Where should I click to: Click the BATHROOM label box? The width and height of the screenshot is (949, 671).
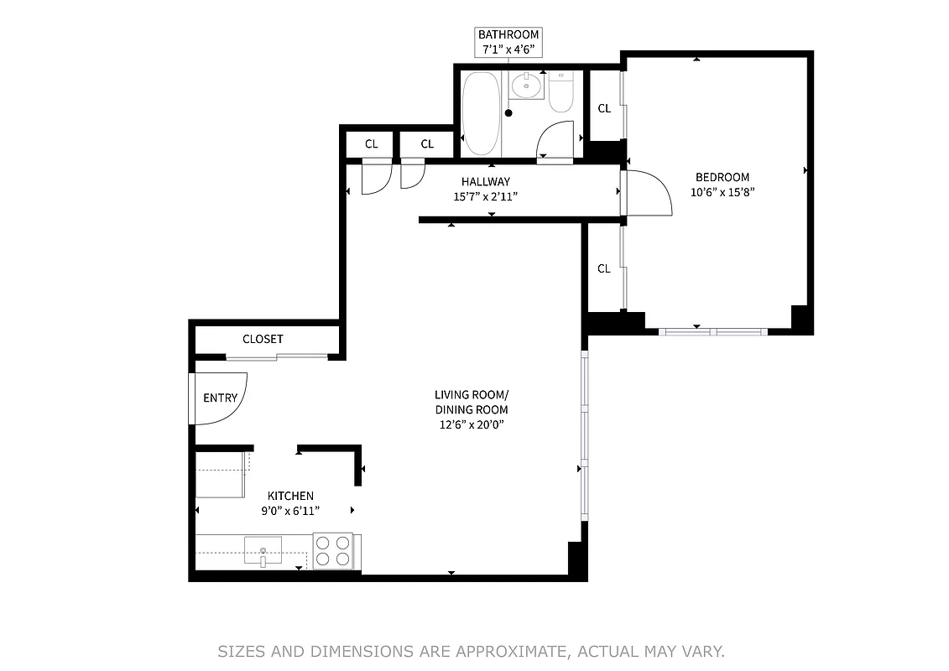tap(508, 42)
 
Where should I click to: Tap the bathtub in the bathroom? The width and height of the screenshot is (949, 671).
tap(481, 113)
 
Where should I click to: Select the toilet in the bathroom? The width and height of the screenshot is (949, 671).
tap(561, 94)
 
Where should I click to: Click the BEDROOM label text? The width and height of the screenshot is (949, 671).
tap(722, 177)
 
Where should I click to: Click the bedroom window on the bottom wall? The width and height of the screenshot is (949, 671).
tap(712, 331)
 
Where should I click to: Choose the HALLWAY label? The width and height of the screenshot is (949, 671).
tap(485, 181)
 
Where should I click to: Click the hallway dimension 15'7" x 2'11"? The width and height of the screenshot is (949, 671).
tap(485, 197)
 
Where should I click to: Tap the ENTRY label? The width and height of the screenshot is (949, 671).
tap(220, 398)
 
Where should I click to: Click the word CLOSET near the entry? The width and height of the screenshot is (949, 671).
tap(263, 339)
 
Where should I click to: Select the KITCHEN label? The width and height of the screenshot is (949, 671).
tap(290, 496)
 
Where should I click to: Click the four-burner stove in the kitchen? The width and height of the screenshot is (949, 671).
tap(332, 552)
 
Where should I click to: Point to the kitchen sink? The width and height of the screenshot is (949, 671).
tap(263, 551)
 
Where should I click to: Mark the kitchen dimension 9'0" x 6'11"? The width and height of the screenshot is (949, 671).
tap(290, 511)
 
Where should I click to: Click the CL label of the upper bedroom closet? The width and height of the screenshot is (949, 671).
tap(603, 108)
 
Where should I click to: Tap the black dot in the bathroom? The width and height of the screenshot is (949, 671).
tap(508, 112)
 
